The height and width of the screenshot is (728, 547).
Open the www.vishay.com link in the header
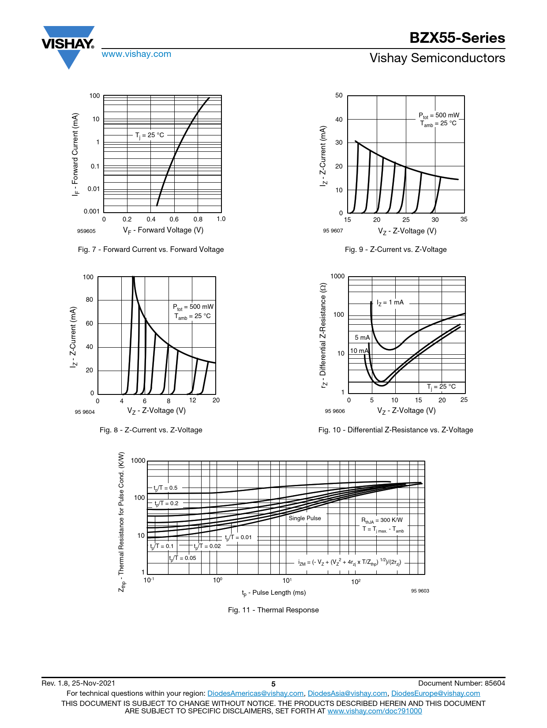(136, 54)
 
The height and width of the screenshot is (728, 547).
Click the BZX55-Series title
(457, 38)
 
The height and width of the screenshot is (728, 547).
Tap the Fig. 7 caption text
(151, 249)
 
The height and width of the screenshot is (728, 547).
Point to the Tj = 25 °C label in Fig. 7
(150, 135)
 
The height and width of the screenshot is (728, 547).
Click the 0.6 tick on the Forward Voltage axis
(174, 219)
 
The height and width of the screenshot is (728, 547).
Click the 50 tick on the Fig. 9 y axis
(339, 95)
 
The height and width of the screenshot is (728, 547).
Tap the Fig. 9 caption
(396, 249)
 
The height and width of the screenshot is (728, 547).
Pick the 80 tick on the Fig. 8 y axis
(90, 300)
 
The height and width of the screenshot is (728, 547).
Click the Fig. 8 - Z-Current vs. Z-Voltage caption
(151, 430)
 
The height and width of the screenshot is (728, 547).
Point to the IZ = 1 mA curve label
(390, 303)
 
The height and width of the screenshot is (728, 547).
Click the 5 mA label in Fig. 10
(362, 338)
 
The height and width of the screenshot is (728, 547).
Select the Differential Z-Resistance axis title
(323, 335)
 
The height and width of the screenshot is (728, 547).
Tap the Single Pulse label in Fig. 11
(305, 518)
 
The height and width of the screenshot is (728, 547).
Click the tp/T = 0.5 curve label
(165, 488)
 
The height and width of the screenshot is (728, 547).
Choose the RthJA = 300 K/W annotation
(382, 520)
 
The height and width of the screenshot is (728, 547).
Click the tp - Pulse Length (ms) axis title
(273, 593)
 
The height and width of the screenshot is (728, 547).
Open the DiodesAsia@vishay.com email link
(347, 694)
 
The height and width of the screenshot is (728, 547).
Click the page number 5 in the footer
(273, 684)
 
